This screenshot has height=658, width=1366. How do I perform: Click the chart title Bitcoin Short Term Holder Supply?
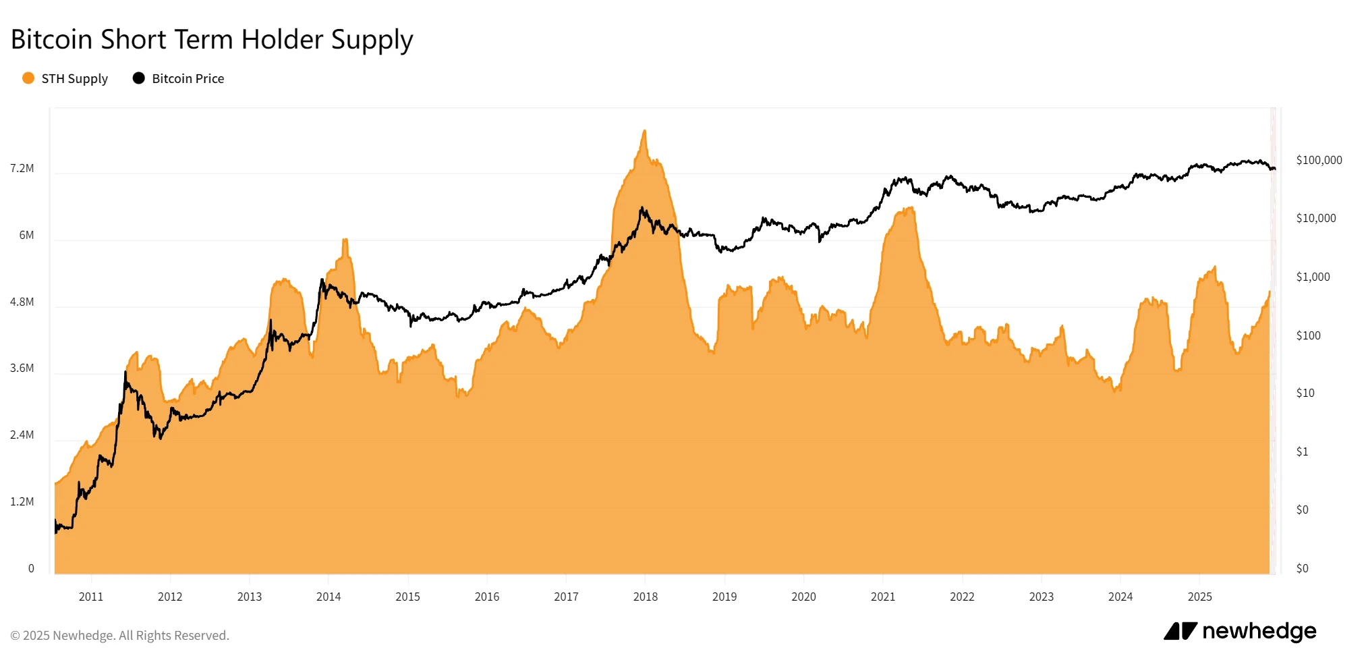[212, 40]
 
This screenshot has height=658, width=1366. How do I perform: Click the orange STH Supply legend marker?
[28, 78]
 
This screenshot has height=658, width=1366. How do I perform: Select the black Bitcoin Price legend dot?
[139, 78]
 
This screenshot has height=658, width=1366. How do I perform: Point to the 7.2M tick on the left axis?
[22, 168]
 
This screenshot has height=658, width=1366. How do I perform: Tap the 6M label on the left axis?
[26, 235]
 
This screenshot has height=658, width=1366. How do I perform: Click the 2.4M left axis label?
[22, 435]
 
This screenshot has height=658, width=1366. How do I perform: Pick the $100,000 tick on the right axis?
[1319, 160]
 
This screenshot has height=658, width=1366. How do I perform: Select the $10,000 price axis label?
[1315, 218]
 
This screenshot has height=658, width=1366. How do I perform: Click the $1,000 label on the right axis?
[1313, 277]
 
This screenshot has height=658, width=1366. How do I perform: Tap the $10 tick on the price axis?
[1305, 393]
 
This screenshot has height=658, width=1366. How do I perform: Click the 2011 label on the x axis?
[91, 597]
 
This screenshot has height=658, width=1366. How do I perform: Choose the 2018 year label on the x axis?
[646, 597]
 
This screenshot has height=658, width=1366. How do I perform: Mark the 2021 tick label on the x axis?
[883, 597]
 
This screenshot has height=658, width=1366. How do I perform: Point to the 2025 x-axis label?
[1200, 597]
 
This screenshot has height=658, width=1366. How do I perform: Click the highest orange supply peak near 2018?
[645, 132]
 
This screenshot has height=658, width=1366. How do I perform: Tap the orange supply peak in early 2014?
[345, 240]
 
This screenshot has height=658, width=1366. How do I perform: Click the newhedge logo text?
[1259, 631]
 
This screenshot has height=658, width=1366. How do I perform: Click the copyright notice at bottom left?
[120, 636]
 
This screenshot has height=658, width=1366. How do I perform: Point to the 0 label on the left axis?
[31, 568]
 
